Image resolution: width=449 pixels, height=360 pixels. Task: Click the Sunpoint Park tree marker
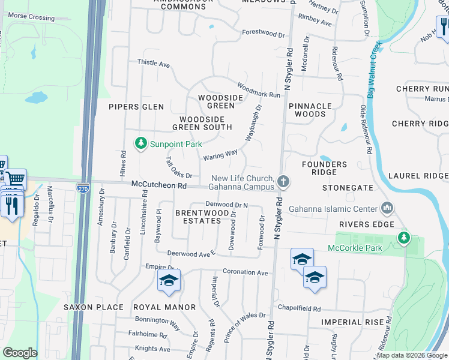pos(140,143)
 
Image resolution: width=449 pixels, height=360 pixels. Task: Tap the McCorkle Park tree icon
pos(404,238)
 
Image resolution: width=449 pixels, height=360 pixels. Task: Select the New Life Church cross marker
pos(283,181)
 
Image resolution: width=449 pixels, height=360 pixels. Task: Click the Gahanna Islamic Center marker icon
pos(387,209)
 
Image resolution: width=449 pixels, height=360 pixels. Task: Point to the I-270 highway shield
pos(83,188)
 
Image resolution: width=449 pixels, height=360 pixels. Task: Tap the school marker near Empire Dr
pos(169,280)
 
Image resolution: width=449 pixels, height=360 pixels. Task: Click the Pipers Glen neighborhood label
pos(136,107)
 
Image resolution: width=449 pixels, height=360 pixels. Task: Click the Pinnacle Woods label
pos(310,110)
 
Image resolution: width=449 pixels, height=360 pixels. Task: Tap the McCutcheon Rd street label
pos(159,186)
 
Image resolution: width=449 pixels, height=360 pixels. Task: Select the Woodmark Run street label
pos(259,90)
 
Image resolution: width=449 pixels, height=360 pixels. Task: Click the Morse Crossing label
pos(31,17)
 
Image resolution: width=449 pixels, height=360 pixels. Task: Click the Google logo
pos(20,353)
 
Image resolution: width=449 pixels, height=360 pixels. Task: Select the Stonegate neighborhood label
pos(348,188)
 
